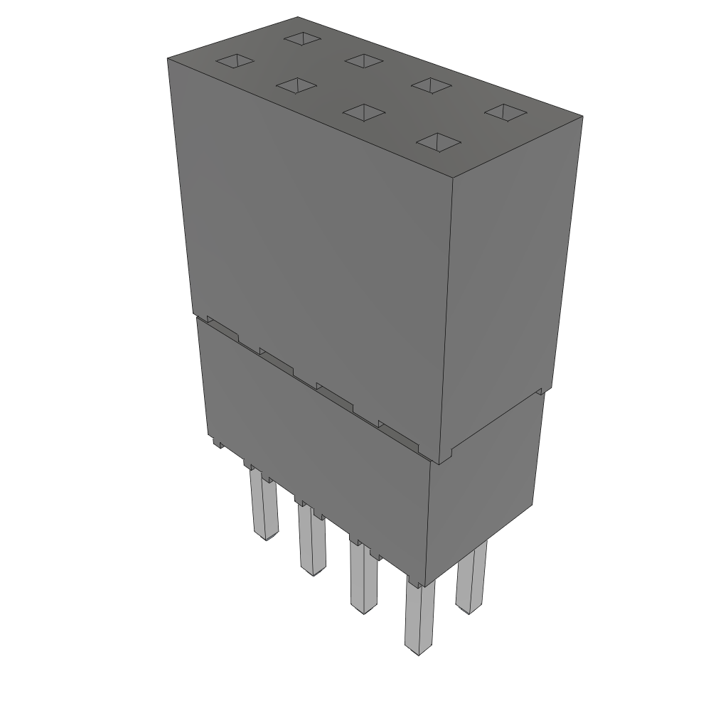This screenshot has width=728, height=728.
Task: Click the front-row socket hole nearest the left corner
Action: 235,61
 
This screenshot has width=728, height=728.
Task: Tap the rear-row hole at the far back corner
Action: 302,38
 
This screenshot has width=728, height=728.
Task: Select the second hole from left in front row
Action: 296,85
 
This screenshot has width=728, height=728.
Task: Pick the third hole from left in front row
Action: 363,112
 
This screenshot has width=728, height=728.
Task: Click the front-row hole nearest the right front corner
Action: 438,141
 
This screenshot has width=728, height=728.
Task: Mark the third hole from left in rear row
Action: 432,85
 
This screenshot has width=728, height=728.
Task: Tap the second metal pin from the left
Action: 311,540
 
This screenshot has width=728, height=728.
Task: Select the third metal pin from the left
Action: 363,579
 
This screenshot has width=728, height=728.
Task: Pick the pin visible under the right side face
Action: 471,577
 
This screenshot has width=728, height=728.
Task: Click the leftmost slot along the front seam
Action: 221,328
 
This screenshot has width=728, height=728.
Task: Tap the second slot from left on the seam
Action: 276,360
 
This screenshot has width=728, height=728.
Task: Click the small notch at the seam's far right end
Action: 543,390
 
